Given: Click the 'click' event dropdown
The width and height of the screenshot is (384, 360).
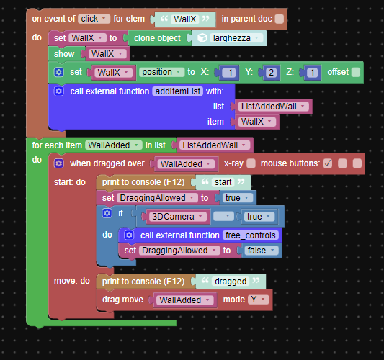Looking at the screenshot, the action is tap(94, 19).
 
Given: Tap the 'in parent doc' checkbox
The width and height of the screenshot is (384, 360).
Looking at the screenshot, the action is tap(280, 19).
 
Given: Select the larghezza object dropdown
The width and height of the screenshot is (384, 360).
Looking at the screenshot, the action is tap(232, 38).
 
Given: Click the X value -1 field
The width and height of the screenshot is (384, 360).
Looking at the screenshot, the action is tap(228, 73).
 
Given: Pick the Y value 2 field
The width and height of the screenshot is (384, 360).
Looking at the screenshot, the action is tap(272, 73).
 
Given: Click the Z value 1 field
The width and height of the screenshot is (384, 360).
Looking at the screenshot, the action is tap(312, 73).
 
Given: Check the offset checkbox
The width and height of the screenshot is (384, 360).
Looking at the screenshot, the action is tap(356, 72).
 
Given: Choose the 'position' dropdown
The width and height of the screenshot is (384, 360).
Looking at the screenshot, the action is tap(161, 72).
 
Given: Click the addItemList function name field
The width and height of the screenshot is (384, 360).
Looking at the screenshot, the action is tap(177, 91).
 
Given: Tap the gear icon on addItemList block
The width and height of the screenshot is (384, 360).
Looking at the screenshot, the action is tap(59, 91).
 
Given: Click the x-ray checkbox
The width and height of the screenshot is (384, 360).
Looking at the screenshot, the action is tap(251, 163).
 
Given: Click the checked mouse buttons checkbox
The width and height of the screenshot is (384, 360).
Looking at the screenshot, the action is tap(328, 163).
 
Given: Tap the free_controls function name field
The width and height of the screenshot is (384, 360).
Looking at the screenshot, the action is tap(251, 235).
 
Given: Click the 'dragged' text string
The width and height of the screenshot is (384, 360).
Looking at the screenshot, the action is tap(231, 282).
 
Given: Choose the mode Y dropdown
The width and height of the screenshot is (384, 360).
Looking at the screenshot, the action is tap(259, 300).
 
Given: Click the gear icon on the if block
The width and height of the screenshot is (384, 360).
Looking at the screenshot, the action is tap(107, 213).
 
